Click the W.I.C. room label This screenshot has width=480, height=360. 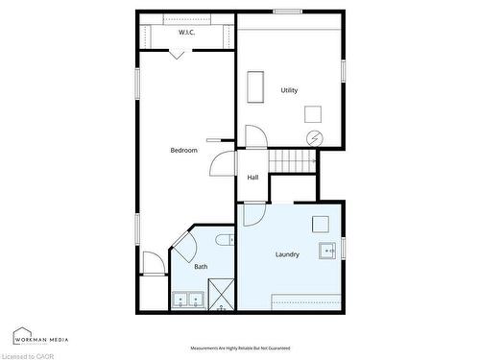[187, 33]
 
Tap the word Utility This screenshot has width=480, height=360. [289, 90]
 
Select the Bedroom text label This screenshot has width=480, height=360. [183, 150]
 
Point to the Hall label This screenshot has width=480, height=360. [252, 178]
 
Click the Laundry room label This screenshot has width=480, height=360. [287, 254]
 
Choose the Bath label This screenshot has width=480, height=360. [201, 267]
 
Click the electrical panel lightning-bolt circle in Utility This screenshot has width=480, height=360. [314, 137]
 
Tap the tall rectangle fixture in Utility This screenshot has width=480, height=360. [255, 87]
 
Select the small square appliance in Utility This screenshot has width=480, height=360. [313, 113]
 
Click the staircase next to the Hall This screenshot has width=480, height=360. [292, 161]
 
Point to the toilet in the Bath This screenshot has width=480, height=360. [223, 240]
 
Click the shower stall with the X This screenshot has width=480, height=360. [221, 295]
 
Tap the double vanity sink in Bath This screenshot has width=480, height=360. [187, 300]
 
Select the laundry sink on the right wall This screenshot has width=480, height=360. [328, 252]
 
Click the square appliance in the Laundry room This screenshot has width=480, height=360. [320, 224]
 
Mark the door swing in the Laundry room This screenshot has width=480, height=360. [251, 213]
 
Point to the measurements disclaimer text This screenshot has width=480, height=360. [240, 348]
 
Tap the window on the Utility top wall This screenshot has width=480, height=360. [288, 12]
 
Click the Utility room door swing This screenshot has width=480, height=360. [254, 136]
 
